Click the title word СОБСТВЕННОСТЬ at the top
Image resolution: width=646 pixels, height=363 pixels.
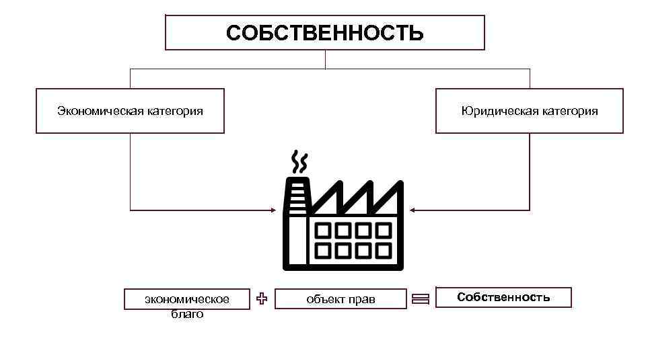[325, 33]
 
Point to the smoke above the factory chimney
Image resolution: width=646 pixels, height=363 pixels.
[299, 162]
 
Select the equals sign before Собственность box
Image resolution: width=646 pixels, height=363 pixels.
[421, 300]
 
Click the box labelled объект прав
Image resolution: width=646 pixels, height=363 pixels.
[341, 299]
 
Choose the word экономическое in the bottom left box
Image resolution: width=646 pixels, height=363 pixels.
[187, 299]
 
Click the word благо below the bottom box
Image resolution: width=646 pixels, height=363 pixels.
[187, 314]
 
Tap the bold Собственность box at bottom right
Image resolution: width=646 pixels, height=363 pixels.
[503, 297]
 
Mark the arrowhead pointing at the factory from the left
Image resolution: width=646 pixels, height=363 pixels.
[273, 210]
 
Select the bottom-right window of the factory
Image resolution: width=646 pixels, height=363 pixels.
[384, 251]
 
